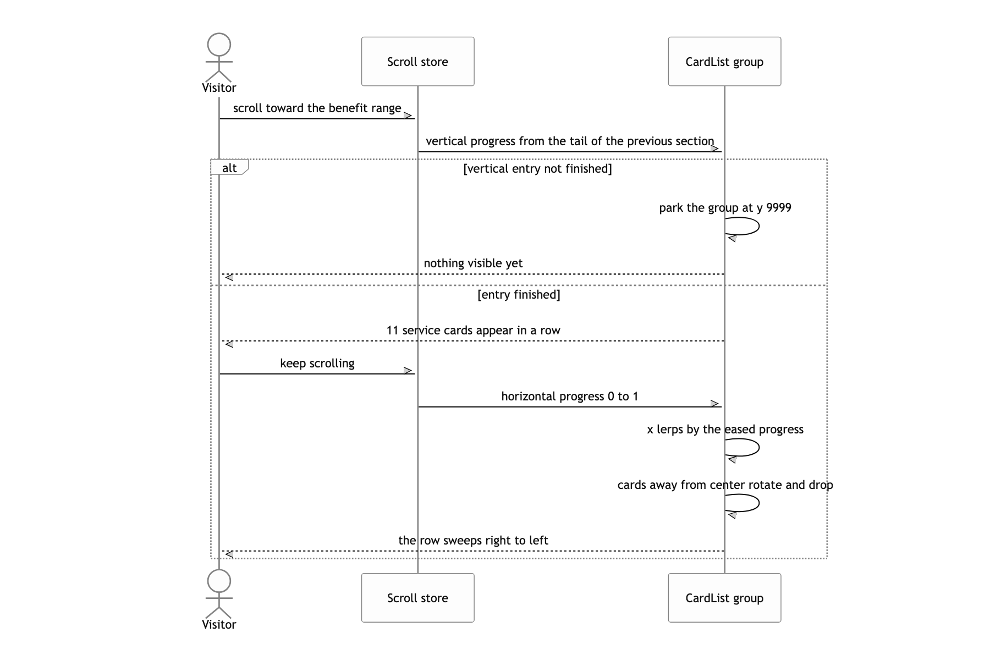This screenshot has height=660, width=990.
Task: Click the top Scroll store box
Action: pos(417,62)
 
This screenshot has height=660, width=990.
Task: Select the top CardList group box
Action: pos(724,62)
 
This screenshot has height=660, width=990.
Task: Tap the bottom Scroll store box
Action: pos(417,598)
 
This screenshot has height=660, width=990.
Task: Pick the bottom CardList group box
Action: pos(724,598)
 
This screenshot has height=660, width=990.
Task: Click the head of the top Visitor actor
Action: pos(219,45)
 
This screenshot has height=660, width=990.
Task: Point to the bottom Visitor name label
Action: pos(219,624)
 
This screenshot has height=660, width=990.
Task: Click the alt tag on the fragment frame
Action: pos(229,168)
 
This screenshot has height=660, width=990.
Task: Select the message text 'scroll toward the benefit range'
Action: pos(317,108)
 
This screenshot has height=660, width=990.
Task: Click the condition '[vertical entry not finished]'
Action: pos(537,168)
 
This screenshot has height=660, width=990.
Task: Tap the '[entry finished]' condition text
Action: pos(519,294)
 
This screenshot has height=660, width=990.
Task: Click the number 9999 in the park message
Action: pos(779,207)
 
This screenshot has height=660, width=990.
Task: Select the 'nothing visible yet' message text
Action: pos(473,263)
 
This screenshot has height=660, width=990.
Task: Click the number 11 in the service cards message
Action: pos(392,330)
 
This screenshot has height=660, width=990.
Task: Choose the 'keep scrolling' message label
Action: pos(317,363)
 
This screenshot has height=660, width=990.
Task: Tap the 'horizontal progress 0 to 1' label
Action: pos(570,396)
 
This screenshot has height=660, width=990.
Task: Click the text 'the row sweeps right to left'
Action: pos(473,540)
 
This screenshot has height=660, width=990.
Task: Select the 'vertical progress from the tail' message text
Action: pos(570,141)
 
